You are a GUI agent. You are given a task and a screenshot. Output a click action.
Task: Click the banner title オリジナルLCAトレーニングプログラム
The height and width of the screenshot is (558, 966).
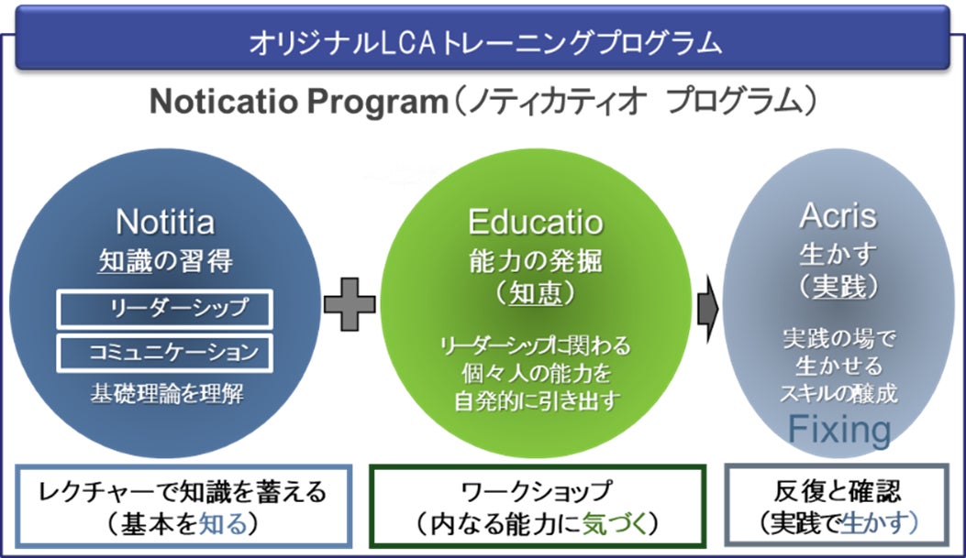click(x=483, y=41)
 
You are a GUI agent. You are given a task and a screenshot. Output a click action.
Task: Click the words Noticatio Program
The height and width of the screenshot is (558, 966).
click(x=297, y=101)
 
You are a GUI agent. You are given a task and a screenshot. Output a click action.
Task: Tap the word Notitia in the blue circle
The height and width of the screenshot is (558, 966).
click(x=165, y=221)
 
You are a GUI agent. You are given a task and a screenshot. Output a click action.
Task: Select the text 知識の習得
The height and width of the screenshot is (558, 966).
click(x=165, y=261)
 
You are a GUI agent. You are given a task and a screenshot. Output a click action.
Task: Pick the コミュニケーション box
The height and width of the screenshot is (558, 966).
click(x=165, y=351)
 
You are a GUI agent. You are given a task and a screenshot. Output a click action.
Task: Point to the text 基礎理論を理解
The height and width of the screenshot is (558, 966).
click(x=165, y=393)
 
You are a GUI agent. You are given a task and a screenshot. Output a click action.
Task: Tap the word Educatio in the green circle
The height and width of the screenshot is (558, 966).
click(x=536, y=223)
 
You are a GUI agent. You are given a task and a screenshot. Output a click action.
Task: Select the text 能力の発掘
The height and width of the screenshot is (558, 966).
click(x=536, y=260)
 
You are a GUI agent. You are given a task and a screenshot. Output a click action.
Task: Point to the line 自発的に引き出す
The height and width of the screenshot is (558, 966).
click(x=534, y=399)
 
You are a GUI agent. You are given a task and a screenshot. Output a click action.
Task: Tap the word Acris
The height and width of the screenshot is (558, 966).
click(x=837, y=216)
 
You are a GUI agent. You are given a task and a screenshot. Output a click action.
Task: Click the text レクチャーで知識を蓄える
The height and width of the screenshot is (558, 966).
click(x=183, y=493)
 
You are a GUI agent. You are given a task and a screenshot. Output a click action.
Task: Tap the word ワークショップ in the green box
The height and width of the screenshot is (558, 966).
click(x=538, y=493)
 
